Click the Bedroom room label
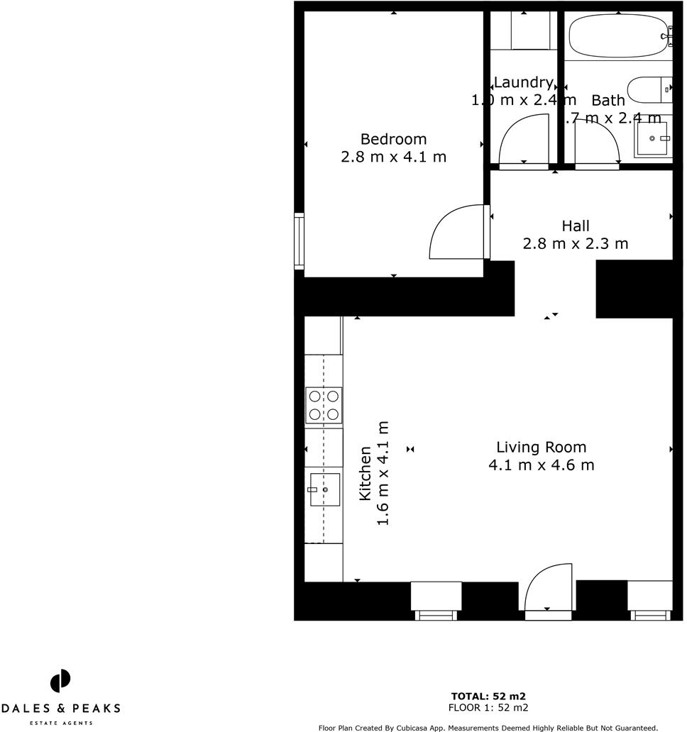393,139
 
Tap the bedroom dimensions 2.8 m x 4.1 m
393,157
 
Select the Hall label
576,226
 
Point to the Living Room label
541,448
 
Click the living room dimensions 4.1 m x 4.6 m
541,465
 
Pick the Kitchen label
365,473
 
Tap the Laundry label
523,82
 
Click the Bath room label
608,100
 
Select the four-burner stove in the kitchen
324,406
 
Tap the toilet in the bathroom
649,89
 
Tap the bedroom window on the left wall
299,241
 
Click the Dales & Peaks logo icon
60,681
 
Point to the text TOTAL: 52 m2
488,696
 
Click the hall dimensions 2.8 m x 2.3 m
576,244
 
